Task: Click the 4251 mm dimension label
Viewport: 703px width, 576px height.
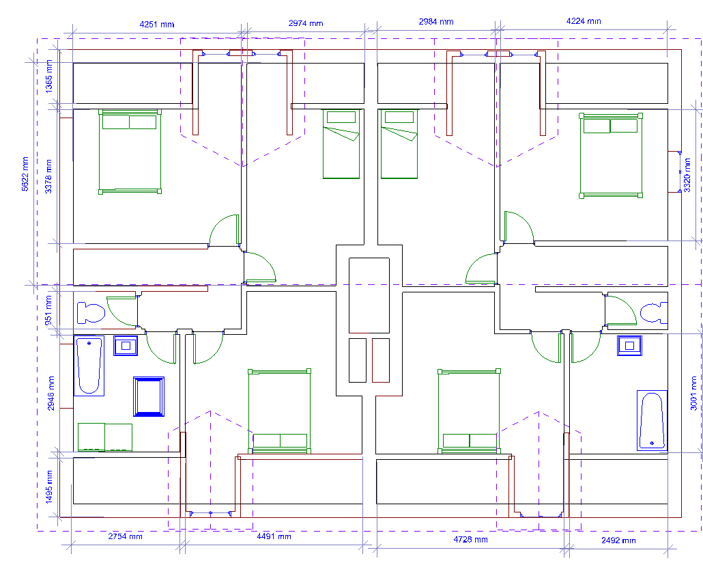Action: [157, 24]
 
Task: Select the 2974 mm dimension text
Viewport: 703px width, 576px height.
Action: [306, 23]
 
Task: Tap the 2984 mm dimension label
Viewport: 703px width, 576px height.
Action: [436, 22]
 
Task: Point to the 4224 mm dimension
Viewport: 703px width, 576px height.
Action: [584, 21]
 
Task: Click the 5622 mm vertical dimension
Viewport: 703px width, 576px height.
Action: [25, 174]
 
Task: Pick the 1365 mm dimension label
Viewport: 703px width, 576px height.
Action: [49, 77]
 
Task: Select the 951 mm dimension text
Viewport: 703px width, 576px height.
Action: [48, 310]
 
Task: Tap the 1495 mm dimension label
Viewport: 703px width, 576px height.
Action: [49, 486]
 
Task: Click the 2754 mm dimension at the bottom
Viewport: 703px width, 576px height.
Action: [126, 536]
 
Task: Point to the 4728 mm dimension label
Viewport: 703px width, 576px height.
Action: [471, 540]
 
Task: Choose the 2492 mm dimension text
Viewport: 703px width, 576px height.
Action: [619, 540]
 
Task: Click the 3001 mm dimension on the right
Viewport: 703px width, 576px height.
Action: [693, 394]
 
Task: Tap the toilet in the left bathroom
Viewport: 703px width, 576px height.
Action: [91, 313]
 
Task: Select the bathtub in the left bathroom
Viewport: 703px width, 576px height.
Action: [89, 366]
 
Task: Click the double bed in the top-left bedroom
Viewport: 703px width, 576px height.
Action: [130, 152]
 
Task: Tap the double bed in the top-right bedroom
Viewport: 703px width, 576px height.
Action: [611, 155]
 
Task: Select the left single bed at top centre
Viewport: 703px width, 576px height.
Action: [341, 144]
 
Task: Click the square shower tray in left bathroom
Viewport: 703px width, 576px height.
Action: [149, 397]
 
